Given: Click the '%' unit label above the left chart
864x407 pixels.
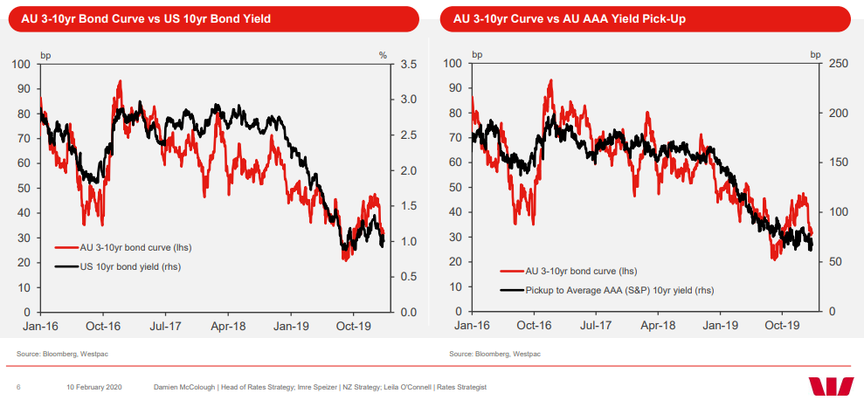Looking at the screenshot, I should [x=383, y=55].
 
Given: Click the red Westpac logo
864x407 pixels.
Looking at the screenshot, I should [x=831, y=386].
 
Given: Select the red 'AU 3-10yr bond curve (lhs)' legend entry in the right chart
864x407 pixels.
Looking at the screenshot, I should [x=577, y=272].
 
